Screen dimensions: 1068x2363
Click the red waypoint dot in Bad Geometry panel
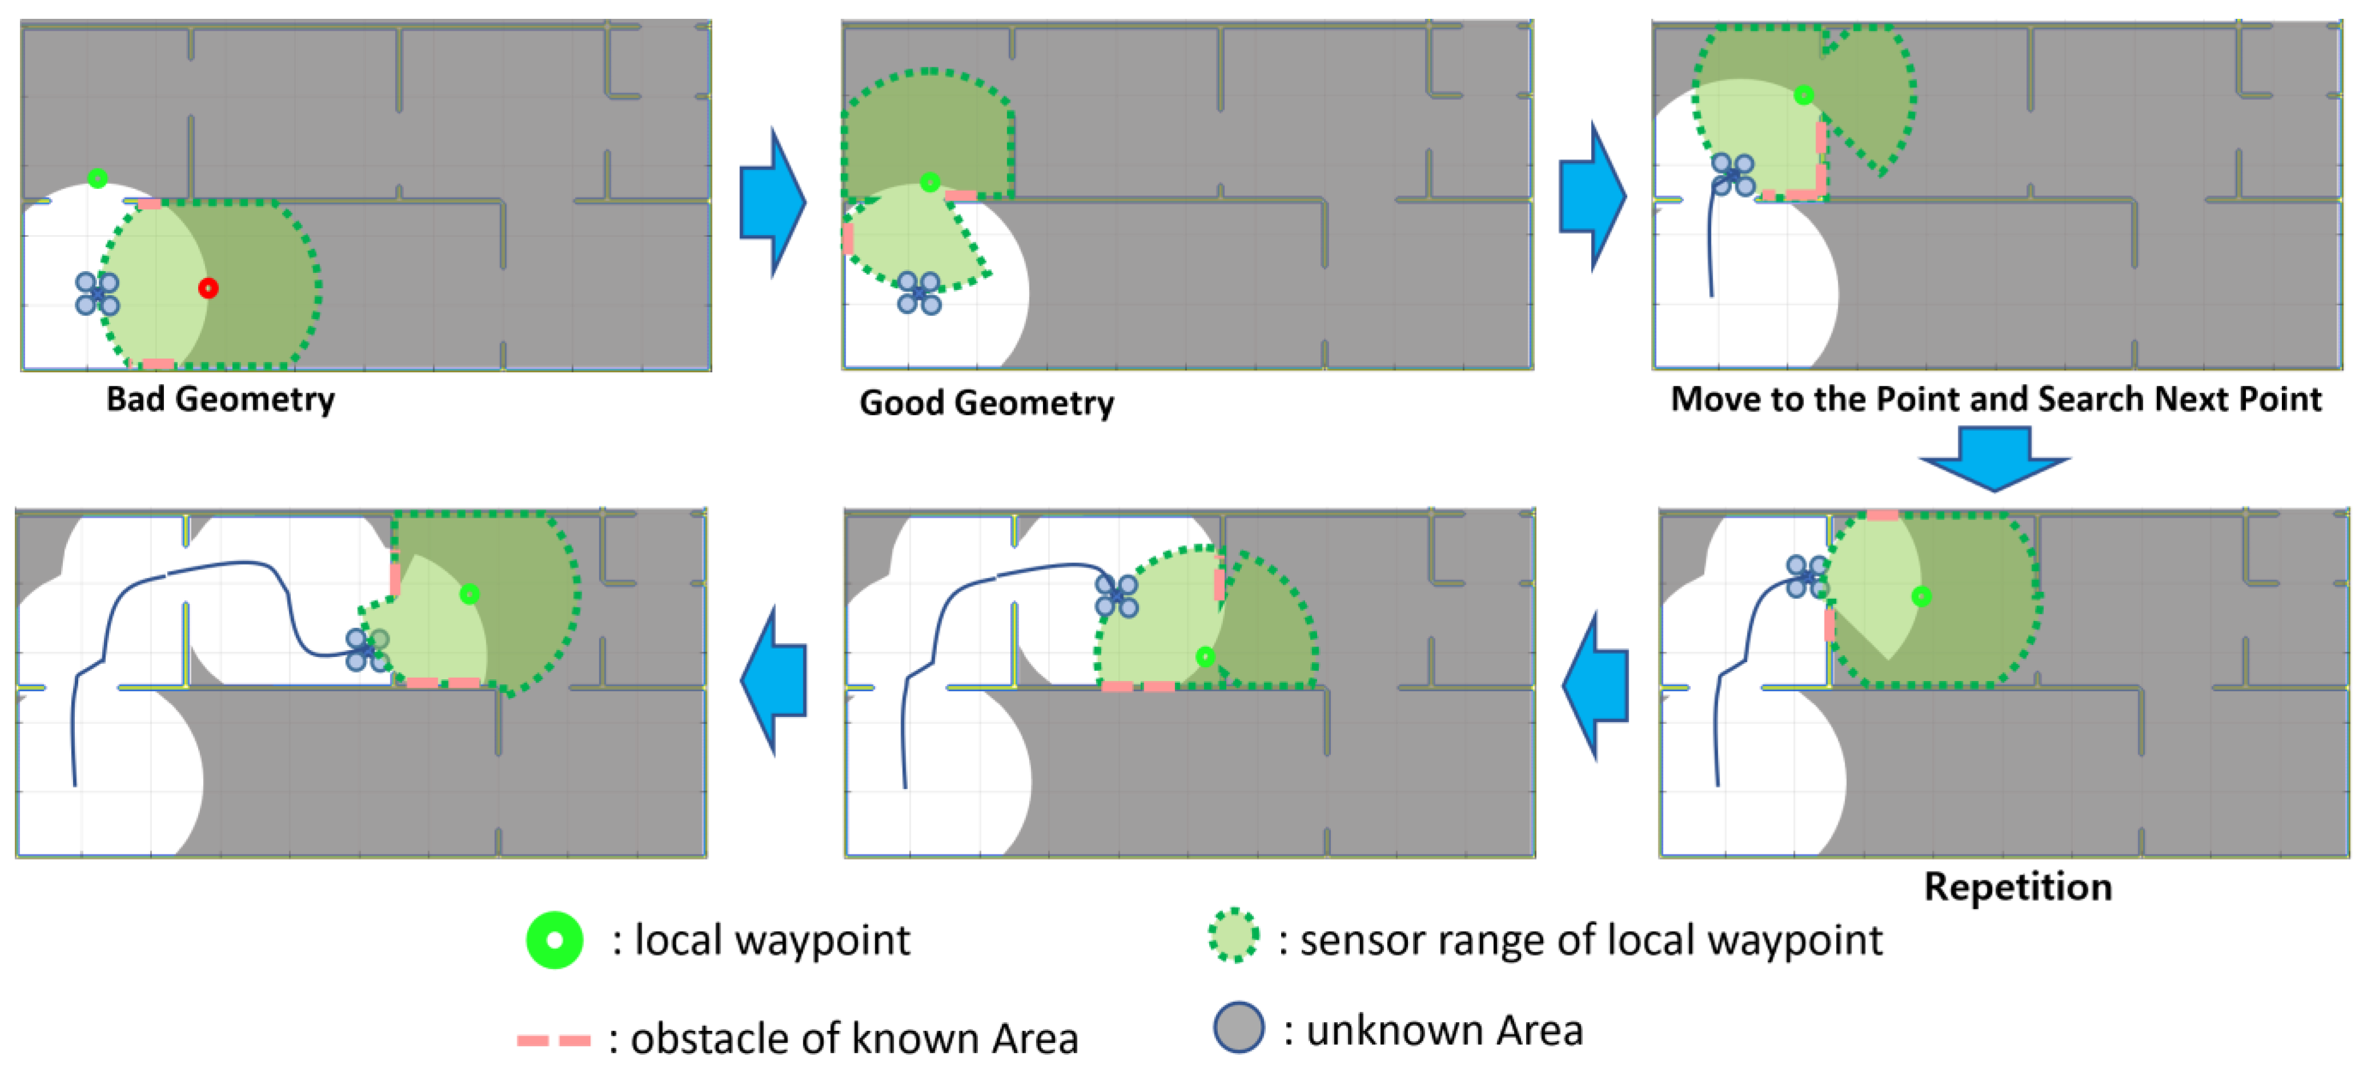208,288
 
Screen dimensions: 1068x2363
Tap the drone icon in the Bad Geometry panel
97,293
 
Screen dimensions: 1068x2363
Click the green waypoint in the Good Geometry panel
929,182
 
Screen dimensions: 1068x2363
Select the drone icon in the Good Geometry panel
918,293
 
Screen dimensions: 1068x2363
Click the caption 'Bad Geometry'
220,399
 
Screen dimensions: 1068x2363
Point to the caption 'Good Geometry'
986,403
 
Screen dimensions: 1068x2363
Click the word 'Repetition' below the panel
2017,886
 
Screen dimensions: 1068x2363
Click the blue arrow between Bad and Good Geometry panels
772,202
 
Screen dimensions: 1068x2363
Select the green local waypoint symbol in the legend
554,940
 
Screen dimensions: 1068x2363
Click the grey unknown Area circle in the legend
1238,1027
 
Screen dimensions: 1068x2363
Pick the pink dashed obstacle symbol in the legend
554,1039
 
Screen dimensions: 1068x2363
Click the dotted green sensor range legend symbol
1233,935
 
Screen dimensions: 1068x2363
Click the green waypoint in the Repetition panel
1921,597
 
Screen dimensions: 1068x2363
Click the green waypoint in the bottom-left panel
469,594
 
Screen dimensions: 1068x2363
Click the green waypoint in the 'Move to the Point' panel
1804,95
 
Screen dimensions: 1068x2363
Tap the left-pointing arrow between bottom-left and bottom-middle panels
772,681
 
